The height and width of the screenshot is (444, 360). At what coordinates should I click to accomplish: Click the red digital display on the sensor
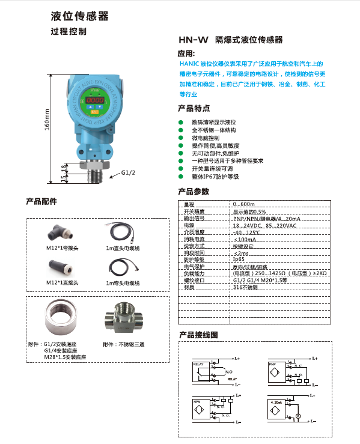[93, 100]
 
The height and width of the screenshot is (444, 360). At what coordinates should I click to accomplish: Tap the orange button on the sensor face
[93, 111]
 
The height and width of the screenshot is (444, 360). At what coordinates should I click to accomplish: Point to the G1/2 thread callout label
[128, 173]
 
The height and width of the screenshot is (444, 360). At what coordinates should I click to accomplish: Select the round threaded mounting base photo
[63, 318]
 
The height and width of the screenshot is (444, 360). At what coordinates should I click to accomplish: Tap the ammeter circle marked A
[297, 416]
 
